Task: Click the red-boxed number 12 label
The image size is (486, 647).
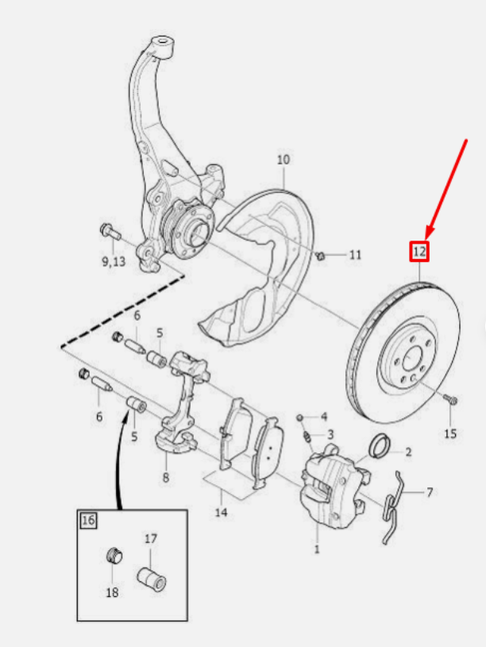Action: pyautogui.click(x=419, y=252)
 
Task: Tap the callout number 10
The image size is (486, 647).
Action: pyautogui.click(x=283, y=160)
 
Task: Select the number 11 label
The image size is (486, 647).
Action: pyautogui.click(x=354, y=255)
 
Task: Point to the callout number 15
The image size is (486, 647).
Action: pyautogui.click(x=450, y=433)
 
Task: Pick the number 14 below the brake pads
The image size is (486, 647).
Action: pyautogui.click(x=221, y=512)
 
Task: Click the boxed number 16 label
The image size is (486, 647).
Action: pyautogui.click(x=87, y=521)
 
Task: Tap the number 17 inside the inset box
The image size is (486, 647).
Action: pyautogui.click(x=151, y=539)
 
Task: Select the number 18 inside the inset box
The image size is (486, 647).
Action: pyautogui.click(x=112, y=591)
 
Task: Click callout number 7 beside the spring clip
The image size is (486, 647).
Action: pyautogui.click(x=430, y=492)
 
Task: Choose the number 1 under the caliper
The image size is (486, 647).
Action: pyautogui.click(x=317, y=549)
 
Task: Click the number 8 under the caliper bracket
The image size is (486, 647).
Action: pyautogui.click(x=165, y=478)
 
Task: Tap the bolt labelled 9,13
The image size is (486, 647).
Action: pyautogui.click(x=110, y=232)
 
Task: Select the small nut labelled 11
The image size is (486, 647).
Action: pyautogui.click(x=321, y=256)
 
